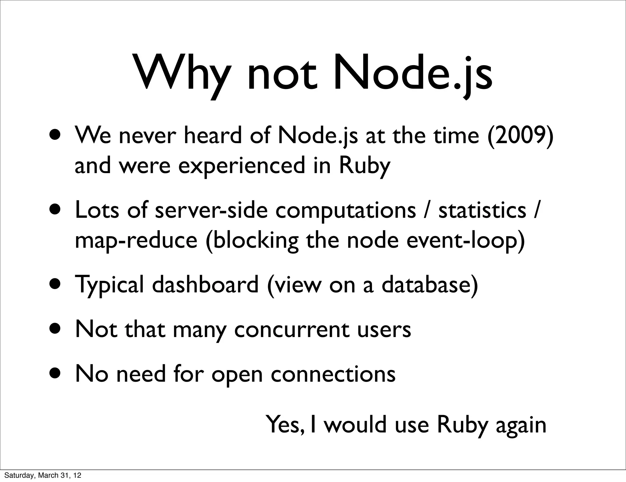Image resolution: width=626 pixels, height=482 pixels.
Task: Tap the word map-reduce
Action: [x=136, y=240]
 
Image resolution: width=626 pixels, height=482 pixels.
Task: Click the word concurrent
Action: [x=292, y=330]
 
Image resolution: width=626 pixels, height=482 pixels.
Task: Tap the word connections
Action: [x=333, y=374]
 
